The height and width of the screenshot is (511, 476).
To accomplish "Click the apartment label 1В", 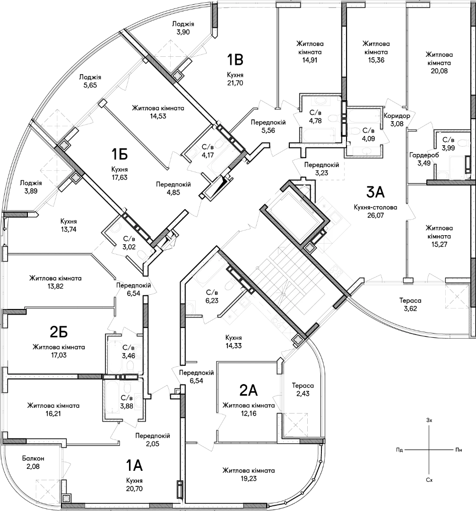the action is [235, 60].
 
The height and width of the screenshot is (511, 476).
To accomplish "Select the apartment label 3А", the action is [375, 192].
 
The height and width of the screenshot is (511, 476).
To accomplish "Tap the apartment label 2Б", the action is [59, 332].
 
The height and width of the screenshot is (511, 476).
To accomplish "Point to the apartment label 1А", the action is [134, 466].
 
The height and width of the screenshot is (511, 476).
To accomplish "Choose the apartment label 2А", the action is [249, 390].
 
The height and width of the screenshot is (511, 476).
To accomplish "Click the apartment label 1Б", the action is [119, 154].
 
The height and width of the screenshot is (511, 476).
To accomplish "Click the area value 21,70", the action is [235, 83].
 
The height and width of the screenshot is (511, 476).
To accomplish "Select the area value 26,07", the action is [375, 215].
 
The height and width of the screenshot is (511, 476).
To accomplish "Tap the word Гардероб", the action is [424, 155].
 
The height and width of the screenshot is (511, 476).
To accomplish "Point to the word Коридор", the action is [397, 116].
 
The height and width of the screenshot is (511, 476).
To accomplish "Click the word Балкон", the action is [33, 458].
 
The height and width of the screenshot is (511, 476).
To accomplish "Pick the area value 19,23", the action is [249, 478].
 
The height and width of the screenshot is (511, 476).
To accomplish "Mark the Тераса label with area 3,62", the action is [410, 300].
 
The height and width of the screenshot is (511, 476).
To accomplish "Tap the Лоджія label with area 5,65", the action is [90, 77].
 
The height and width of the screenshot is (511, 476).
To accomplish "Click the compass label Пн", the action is [459, 450].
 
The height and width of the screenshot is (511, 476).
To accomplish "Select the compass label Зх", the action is [429, 421].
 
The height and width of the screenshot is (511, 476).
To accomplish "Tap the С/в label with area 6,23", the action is [212, 292].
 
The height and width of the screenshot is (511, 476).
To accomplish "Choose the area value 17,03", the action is [59, 355].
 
